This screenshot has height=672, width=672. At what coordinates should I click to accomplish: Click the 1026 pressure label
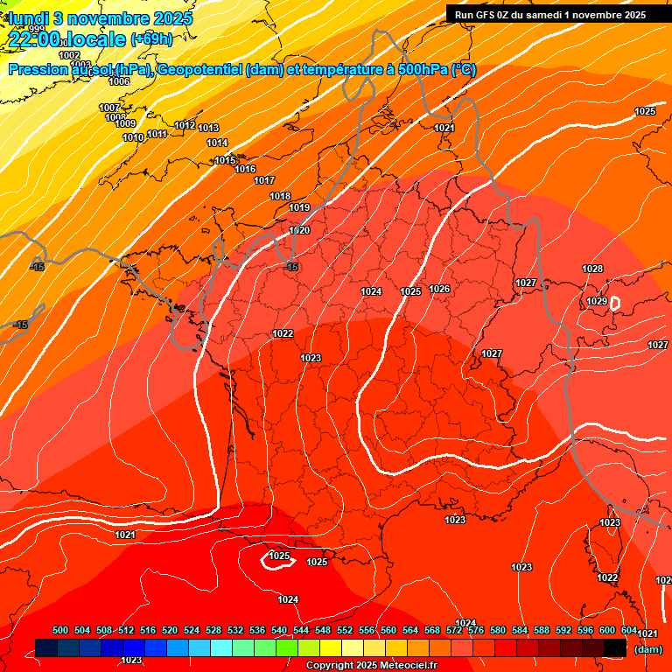coord(439,290)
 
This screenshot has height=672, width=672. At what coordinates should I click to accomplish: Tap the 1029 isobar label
coord(597,301)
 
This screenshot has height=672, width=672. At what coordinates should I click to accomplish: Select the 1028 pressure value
coord(592,269)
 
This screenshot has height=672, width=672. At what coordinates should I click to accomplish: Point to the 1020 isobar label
coord(299,230)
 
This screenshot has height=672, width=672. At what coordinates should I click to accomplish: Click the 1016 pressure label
coord(245,169)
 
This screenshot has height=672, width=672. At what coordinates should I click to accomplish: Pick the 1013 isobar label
coord(208,129)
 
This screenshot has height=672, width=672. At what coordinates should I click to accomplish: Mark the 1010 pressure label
coord(133,137)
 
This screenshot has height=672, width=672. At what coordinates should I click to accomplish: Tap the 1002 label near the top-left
coord(69,55)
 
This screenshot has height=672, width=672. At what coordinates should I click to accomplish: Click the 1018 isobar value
coord(280,196)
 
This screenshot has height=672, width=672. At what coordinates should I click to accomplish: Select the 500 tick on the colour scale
coord(60,630)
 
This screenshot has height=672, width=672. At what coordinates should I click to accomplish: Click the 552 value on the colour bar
coord(346,630)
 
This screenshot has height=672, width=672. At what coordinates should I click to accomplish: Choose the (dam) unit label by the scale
coord(647,649)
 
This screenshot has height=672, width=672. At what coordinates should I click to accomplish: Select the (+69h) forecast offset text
coord(151,38)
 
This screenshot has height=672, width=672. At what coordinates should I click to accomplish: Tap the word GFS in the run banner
coord(496,14)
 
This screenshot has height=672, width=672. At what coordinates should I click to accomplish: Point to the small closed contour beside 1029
coord(615,303)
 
